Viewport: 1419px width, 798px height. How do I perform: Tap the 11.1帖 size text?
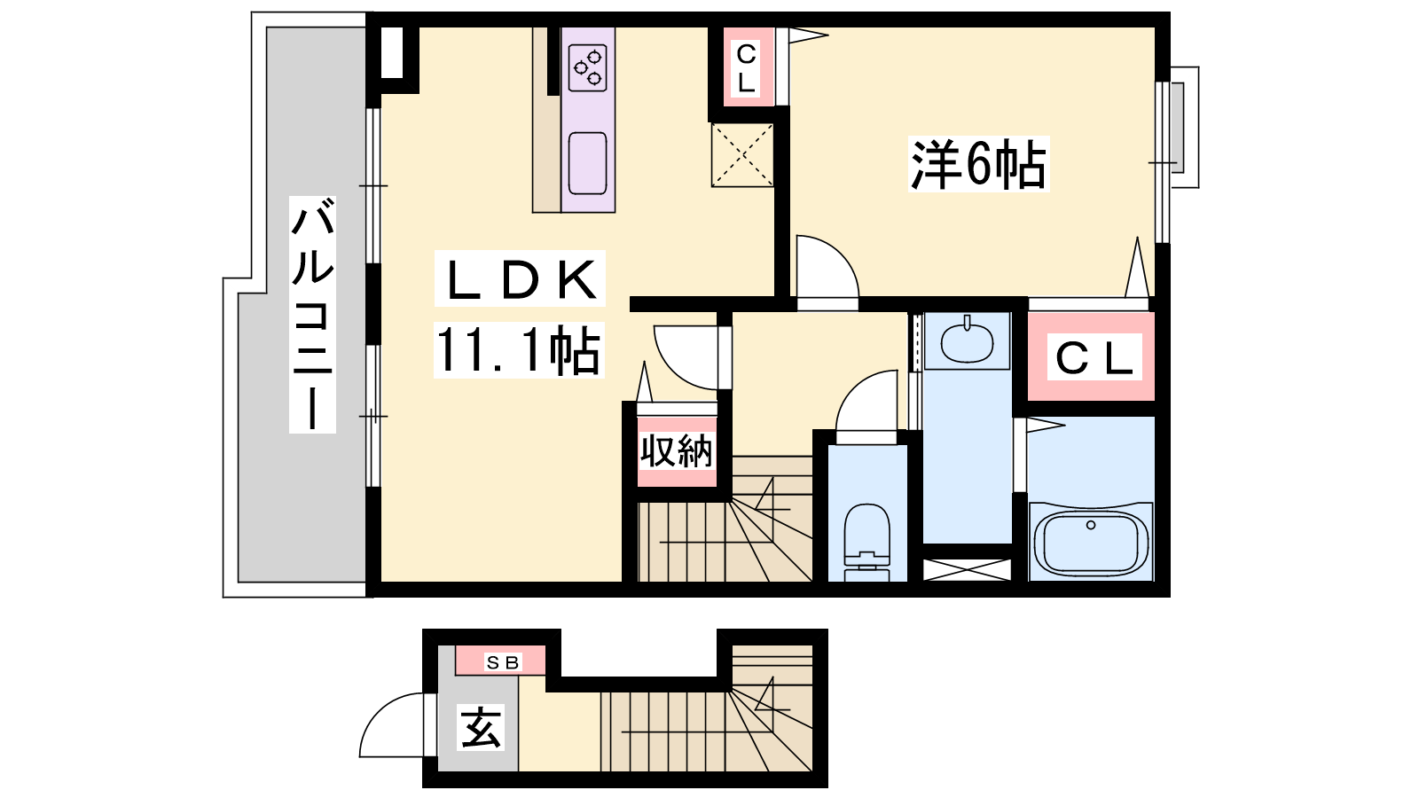tap(519, 350)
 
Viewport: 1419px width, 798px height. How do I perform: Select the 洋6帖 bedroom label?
tap(978, 164)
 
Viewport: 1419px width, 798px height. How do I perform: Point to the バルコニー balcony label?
tap(312, 315)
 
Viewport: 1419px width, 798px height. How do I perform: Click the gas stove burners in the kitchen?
tap(588, 67)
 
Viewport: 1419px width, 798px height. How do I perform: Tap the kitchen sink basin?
tap(588, 163)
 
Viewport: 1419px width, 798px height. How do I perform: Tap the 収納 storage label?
tap(677, 451)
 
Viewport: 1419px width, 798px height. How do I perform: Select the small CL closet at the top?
tap(748, 67)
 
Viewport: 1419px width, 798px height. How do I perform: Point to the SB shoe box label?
tap(502, 662)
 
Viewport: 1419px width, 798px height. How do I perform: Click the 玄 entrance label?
tap(481, 728)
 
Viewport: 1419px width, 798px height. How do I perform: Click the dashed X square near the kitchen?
tap(742, 155)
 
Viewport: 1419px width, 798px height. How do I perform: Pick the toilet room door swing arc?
tap(854, 387)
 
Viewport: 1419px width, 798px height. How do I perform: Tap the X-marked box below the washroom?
tap(967, 569)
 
